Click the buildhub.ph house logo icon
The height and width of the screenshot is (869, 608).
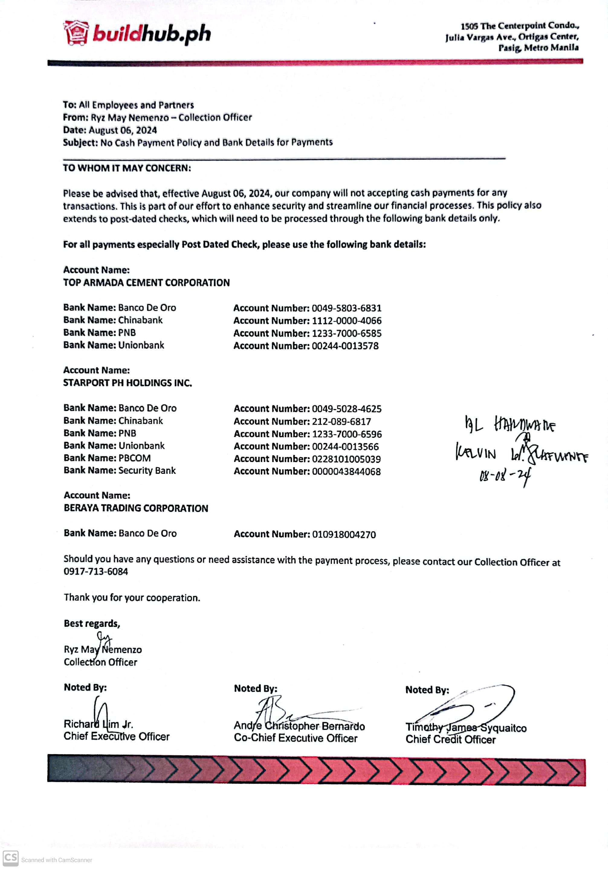[76, 33]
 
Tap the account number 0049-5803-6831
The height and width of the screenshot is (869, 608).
[346, 308]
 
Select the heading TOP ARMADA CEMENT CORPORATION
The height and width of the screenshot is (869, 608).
[147, 283]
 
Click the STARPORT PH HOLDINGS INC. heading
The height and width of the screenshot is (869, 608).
[128, 383]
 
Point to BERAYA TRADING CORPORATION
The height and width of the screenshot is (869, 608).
[136, 508]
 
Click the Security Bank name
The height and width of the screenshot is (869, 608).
[147, 470]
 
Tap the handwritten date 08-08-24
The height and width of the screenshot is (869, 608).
[505, 475]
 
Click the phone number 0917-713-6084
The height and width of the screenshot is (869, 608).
[96, 571]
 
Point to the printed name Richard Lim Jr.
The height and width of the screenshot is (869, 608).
[99, 724]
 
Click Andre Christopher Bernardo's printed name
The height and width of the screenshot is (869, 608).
[299, 726]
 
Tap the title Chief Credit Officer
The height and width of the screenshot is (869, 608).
[450, 739]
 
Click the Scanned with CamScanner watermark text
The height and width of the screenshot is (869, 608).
[57, 860]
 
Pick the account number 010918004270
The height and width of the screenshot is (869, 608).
[344, 534]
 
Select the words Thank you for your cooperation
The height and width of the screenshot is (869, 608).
[132, 598]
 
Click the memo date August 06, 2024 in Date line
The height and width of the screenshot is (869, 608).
[123, 130]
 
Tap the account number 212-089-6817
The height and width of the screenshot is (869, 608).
[341, 421]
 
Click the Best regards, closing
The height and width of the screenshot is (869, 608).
[92, 623]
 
